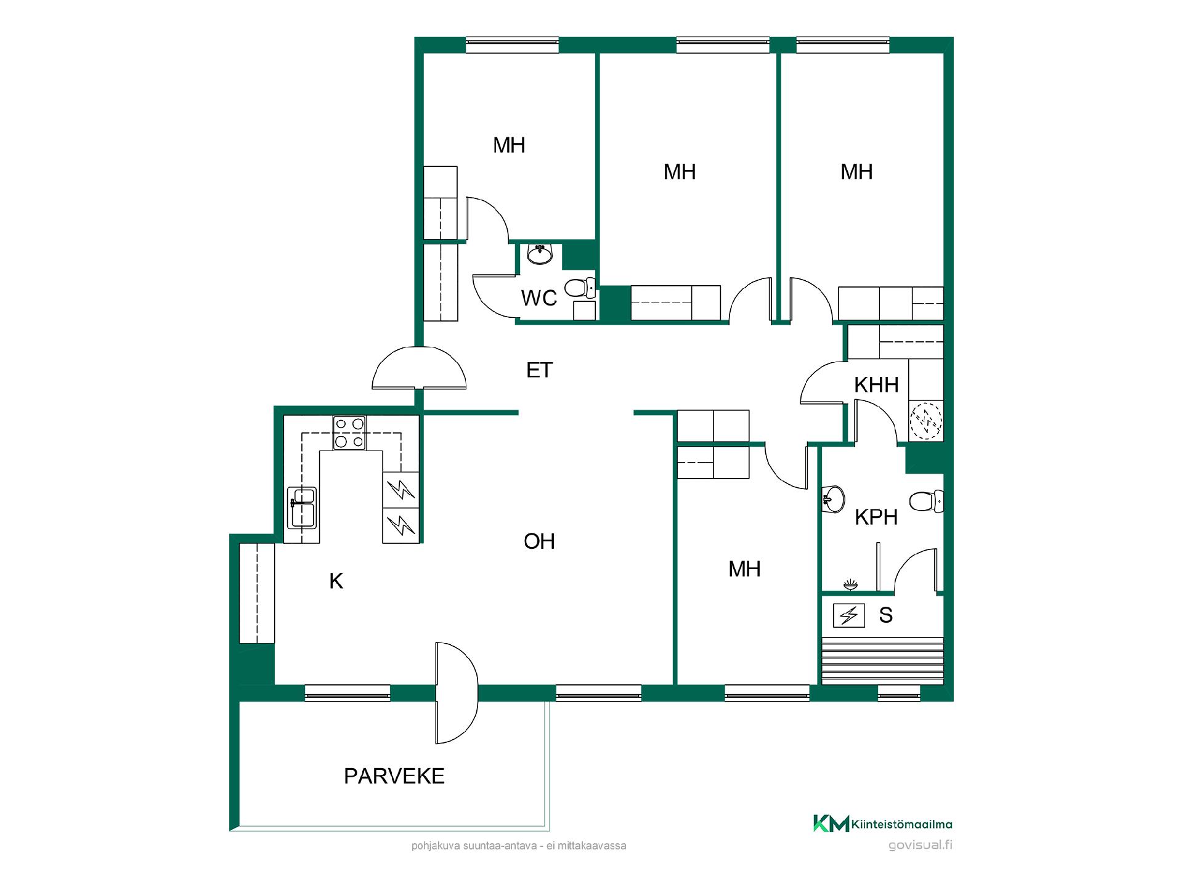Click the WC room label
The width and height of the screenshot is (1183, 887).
coord(539,298)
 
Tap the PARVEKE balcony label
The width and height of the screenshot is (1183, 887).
coord(394,776)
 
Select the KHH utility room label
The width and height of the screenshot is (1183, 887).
coord(876,385)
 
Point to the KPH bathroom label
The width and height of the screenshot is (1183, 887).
coord(876,517)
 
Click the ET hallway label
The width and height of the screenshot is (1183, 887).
coord(539,370)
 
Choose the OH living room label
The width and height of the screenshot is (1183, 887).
coord(539,541)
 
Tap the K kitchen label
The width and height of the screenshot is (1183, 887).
coord(336,581)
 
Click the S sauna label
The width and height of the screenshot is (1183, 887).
coord(885,615)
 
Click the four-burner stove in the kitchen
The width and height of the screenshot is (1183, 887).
coord(349,432)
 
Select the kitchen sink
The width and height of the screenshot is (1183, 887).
coord(302,508)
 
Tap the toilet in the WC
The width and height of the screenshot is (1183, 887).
coord(580,288)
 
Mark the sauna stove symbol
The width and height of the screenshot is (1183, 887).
coord(849,615)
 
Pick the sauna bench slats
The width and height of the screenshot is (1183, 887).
coord(882,660)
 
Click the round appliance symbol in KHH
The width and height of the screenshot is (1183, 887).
coord(926,421)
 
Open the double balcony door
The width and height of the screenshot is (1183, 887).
coord(457,693)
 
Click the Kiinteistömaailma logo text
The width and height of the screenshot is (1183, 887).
coord(903,824)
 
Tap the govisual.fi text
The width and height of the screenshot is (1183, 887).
coord(921,845)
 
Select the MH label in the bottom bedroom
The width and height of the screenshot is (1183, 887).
coord(744,569)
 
